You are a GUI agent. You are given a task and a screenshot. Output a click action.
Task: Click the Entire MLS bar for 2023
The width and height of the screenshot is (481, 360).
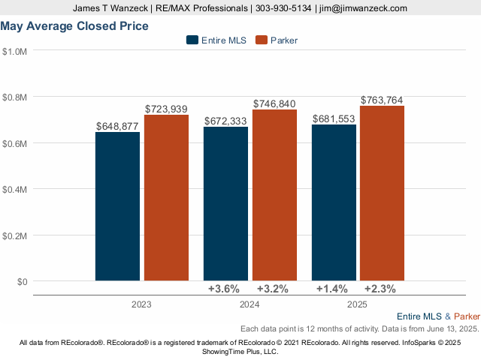(x=117, y=206)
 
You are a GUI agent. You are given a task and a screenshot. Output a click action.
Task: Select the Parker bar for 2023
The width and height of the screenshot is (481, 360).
(x=166, y=198)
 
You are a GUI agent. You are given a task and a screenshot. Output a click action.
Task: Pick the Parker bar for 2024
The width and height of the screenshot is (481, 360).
(x=274, y=195)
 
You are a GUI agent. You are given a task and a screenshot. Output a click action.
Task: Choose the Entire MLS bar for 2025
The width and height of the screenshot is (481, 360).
(x=334, y=202)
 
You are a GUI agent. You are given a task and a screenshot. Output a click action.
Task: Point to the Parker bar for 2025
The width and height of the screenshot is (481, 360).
(x=383, y=193)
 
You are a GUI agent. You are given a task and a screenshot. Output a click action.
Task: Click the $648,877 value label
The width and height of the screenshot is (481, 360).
(x=117, y=126)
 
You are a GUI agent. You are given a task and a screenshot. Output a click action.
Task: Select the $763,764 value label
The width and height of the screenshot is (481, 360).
(x=383, y=100)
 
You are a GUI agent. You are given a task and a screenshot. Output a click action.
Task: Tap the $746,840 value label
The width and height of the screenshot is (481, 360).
(x=274, y=103)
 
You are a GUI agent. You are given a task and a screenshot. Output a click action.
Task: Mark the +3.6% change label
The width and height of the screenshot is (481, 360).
(x=223, y=289)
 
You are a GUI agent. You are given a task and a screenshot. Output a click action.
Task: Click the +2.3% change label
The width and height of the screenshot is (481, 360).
(x=380, y=289)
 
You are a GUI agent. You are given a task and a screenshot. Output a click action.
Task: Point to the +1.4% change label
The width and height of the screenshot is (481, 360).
(x=331, y=289)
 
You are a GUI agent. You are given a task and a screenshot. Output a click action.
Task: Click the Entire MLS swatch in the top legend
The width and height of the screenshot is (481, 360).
(x=192, y=40)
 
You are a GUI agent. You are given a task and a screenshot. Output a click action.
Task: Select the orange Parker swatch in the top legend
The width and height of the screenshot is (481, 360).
(x=262, y=40)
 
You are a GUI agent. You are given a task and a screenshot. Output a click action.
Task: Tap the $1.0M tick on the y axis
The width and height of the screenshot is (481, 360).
(x=15, y=52)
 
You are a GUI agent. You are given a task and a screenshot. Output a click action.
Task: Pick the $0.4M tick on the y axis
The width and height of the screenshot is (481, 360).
(x=15, y=189)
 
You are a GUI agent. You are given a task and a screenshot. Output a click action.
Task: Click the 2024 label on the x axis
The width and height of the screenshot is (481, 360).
(x=249, y=305)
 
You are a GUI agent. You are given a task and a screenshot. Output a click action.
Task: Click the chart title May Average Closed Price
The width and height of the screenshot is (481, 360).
(x=74, y=26)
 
